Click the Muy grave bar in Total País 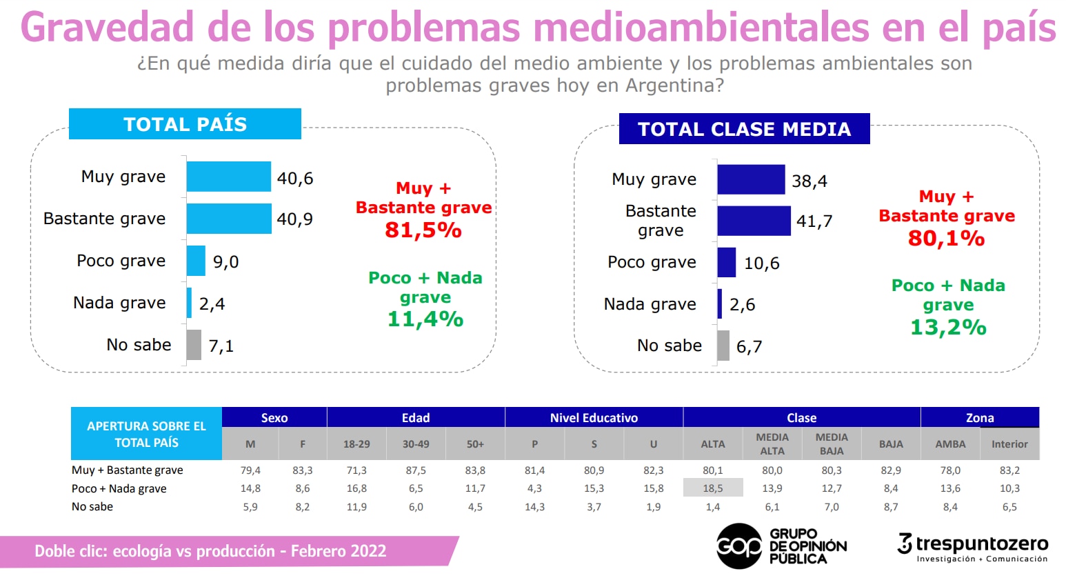[x=228, y=177]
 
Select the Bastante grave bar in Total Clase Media [x=754, y=221]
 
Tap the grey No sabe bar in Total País [x=194, y=345]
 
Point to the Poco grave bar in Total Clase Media [x=727, y=263]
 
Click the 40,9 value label [x=295, y=219]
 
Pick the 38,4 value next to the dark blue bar [x=809, y=181]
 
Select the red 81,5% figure [x=423, y=230]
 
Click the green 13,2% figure [x=948, y=328]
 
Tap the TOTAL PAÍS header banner [x=185, y=124]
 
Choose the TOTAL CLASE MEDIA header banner [x=744, y=129]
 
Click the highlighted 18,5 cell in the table [x=713, y=488]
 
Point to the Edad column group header [x=416, y=417]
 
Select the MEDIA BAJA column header [x=832, y=444]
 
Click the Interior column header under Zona [x=1009, y=444]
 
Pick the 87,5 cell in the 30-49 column [x=416, y=470]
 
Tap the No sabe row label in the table [x=92, y=506]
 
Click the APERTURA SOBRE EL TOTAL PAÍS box [x=146, y=434]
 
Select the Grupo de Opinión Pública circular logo [x=739, y=546]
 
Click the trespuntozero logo [x=973, y=546]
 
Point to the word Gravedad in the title [x=107, y=28]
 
